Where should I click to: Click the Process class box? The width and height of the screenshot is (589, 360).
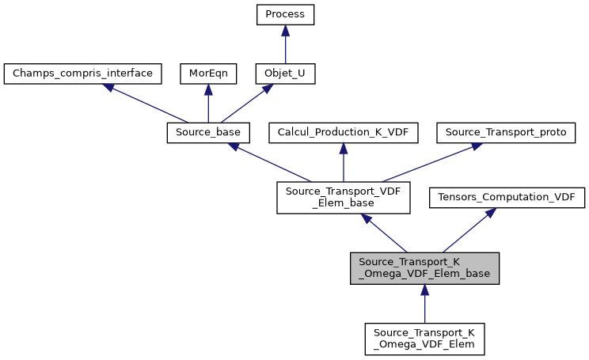(285, 15)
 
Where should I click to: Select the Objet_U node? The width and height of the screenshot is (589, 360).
(285, 74)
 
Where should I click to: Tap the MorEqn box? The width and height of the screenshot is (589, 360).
(207, 74)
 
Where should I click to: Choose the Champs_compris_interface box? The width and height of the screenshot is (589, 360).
(83, 74)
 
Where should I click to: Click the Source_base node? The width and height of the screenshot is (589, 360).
(208, 133)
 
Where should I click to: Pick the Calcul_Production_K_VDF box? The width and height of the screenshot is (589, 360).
(343, 133)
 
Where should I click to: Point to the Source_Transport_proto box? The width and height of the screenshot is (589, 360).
(506, 133)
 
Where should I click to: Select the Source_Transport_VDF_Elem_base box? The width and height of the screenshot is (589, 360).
(343, 198)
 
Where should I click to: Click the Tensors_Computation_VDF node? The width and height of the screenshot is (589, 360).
(507, 198)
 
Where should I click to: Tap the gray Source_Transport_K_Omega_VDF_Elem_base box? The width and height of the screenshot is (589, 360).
(424, 268)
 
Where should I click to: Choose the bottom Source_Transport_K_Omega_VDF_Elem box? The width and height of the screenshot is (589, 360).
(424, 339)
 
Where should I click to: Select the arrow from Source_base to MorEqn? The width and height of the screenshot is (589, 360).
(207, 104)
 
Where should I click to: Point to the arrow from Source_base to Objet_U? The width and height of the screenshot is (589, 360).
(246, 104)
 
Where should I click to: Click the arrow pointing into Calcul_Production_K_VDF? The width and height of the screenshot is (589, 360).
(343, 162)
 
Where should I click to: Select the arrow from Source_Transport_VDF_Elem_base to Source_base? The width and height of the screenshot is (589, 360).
(270, 162)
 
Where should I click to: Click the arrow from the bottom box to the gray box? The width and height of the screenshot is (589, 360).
(424, 304)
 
